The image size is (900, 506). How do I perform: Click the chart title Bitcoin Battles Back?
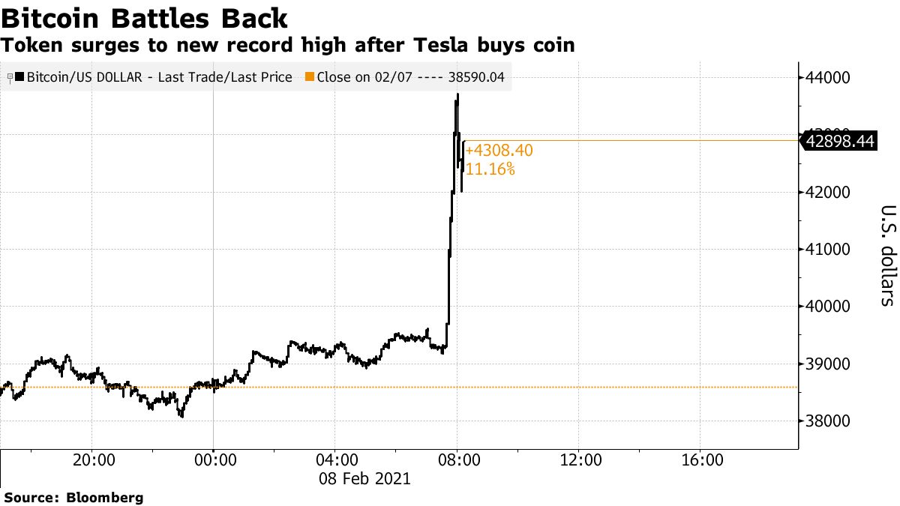(x=143, y=18)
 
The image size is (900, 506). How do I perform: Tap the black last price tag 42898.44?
(x=840, y=140)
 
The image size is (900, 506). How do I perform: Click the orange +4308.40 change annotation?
(x=499, y=151)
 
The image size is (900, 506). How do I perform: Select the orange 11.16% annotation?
(x=490, y=169)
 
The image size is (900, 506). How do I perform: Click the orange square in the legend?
(x=310, y=76)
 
